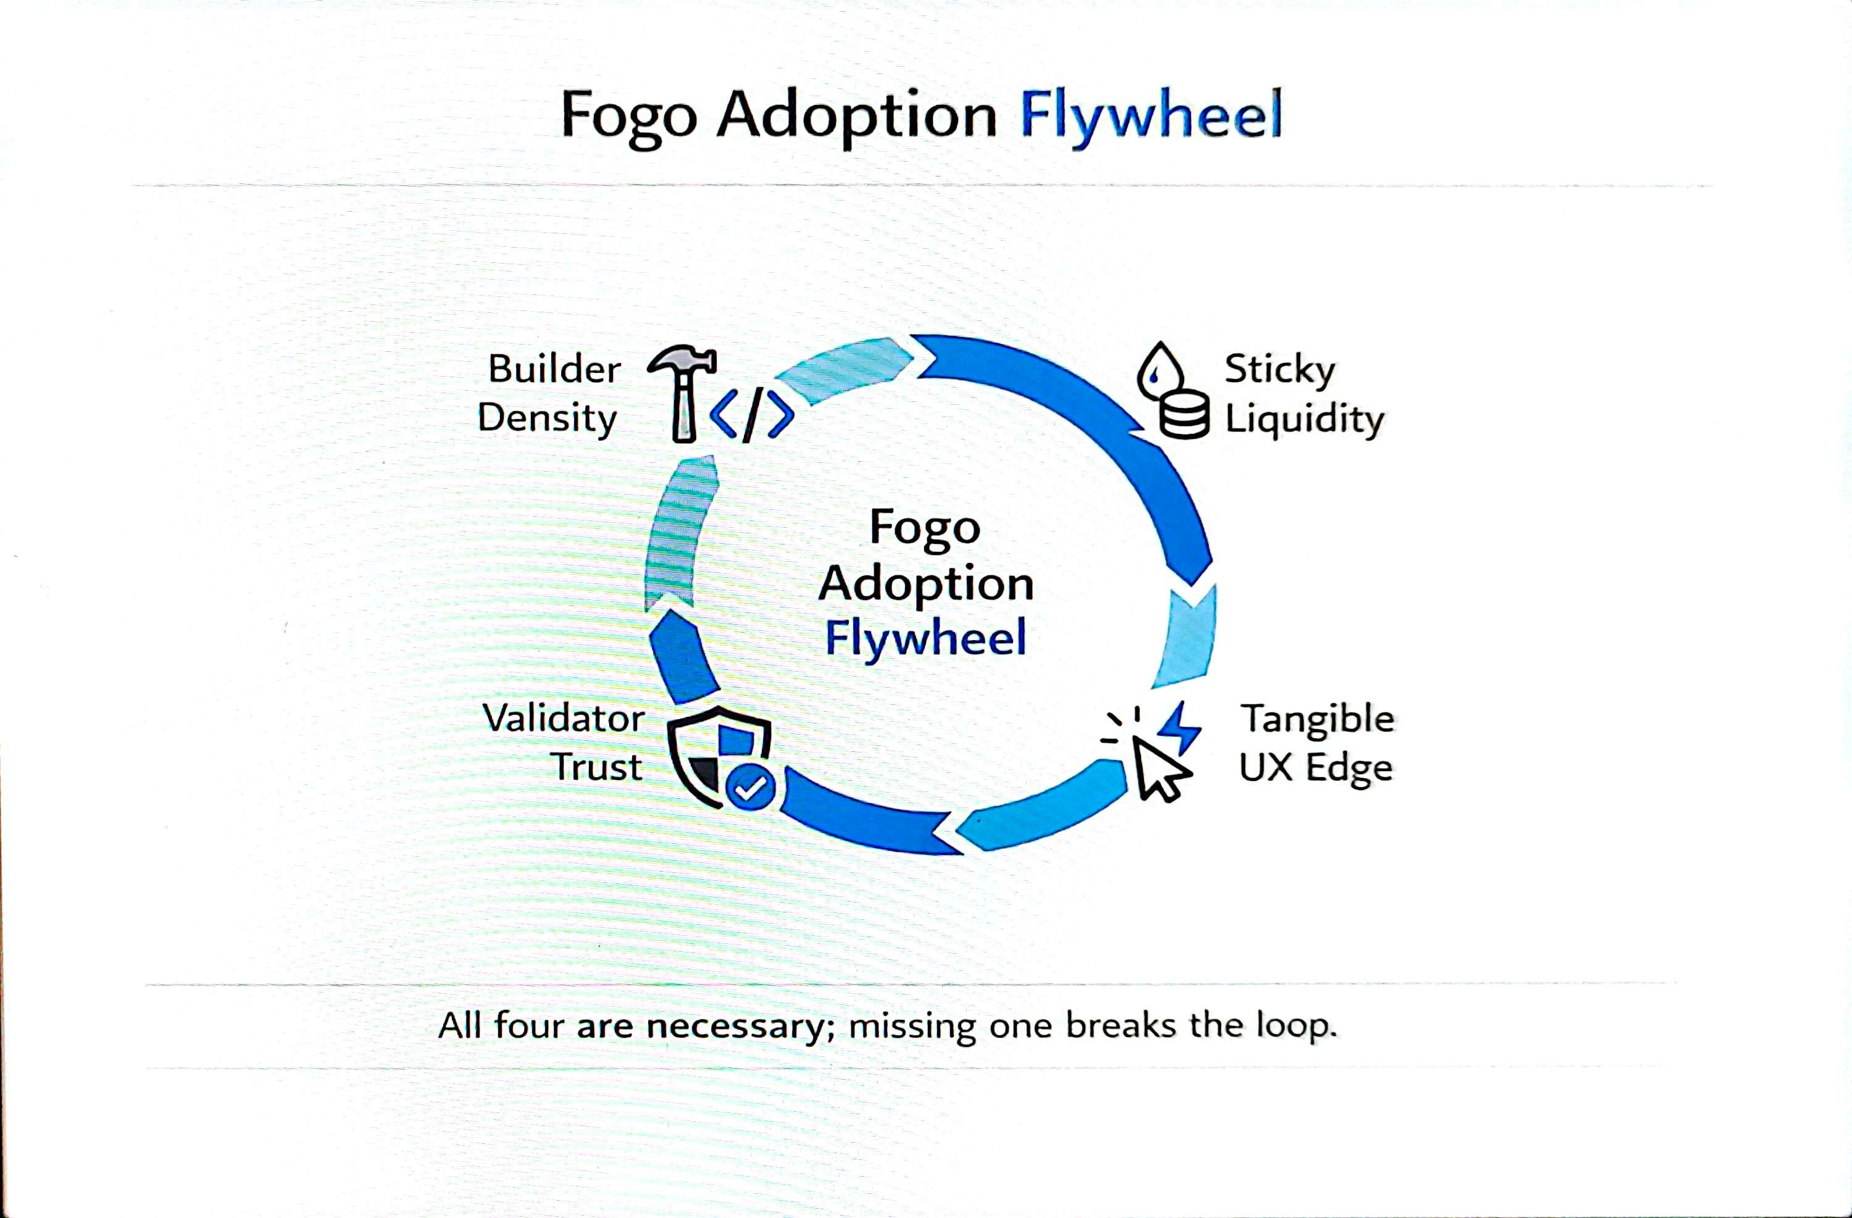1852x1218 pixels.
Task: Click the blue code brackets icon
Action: coord(752,415)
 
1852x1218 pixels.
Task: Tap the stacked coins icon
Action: coord(1184,415)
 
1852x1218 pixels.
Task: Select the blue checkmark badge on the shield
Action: coord(750,788)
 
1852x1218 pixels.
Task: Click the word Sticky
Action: coord(1279,369)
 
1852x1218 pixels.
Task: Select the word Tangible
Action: coord(1317,719)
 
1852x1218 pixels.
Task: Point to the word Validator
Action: coord(564,717)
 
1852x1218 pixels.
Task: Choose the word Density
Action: coord(547,419)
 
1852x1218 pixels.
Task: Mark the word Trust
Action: coord(597,767)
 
